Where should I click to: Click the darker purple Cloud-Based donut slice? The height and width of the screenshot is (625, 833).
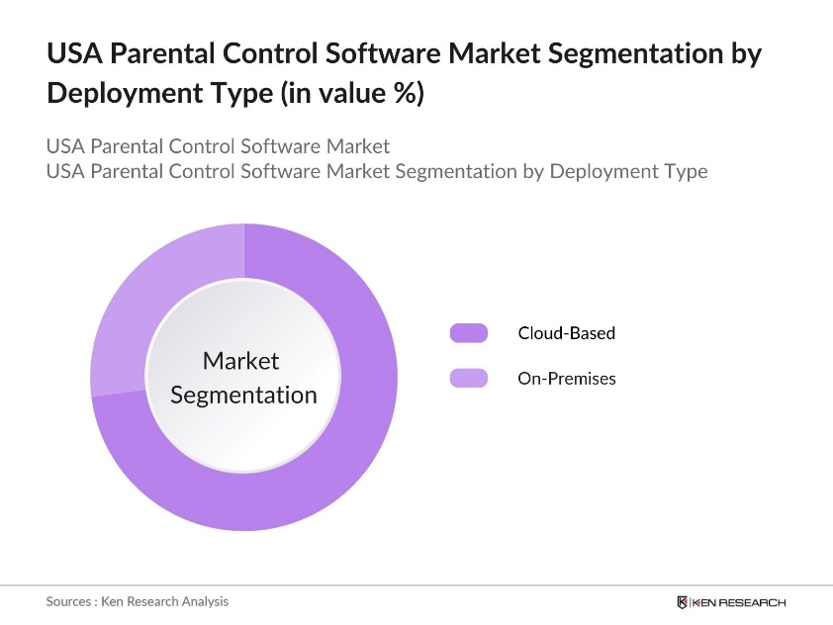point(326,465)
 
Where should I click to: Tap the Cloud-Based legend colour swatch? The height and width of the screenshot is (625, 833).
point(468,333)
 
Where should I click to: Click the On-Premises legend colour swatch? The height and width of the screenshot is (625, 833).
point(468,378)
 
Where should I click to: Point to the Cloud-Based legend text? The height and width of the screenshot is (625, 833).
point(566,333)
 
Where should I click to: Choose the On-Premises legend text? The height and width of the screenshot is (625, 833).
point(566,378)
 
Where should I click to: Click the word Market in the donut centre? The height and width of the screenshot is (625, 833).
point(241,361)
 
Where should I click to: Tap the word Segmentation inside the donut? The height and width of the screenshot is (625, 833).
point(243,395)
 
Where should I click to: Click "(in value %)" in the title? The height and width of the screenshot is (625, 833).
point(352,94)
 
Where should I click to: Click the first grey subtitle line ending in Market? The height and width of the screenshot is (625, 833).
point(218,146)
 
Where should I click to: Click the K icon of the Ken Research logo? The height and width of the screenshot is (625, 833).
point(683,602)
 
